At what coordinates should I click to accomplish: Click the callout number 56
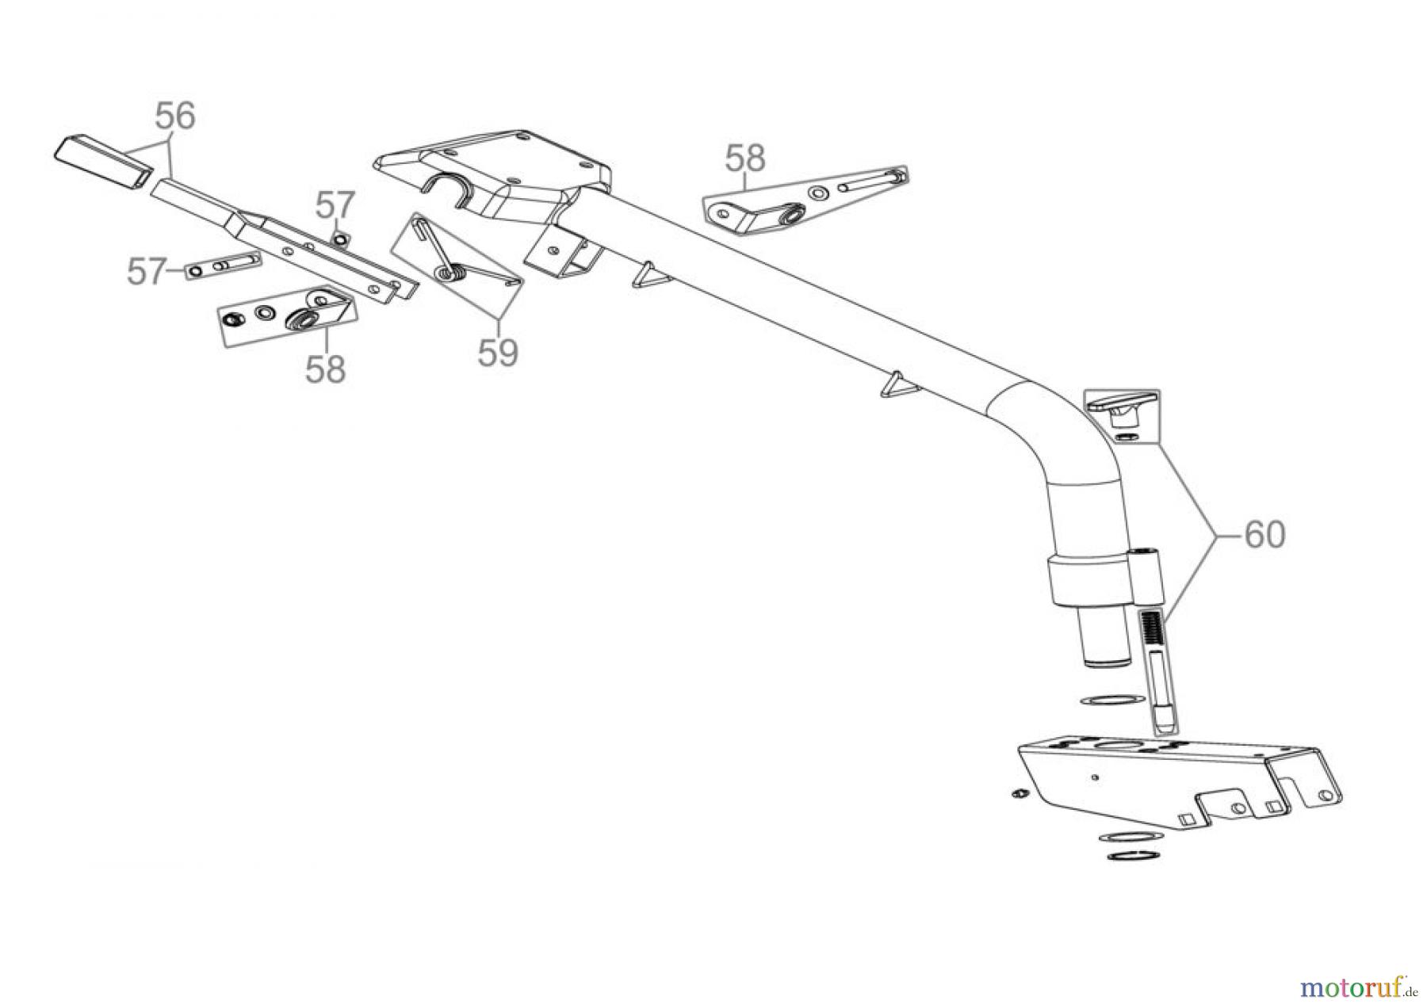[175, 116]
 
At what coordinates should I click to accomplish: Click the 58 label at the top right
[745, 158]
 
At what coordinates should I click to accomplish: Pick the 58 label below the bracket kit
[326, 369]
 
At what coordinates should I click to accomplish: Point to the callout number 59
[498, 353]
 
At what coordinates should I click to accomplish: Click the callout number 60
[1264, 536]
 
